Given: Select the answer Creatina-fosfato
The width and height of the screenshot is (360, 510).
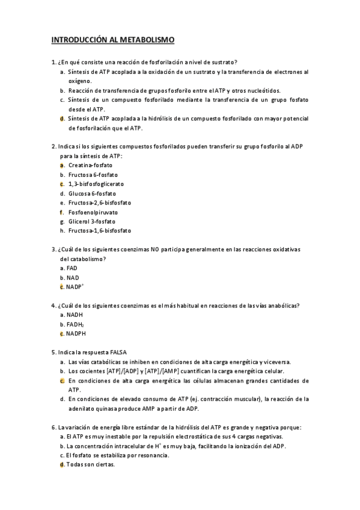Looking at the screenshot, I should click(x=90, y=165).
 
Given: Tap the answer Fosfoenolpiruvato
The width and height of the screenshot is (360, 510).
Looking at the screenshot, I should click(x=93, y=212).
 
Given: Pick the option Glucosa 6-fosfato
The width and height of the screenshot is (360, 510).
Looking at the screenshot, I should click(x=91, y=193).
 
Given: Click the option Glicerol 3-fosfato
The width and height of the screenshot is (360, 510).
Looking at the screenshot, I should click(x=92, y=221).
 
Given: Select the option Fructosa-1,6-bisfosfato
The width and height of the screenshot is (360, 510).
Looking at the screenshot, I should click(x=100, y=230).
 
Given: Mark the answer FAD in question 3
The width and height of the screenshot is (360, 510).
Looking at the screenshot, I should click(x=72, y=268).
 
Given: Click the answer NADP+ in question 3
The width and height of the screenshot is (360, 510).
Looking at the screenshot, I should click(x=75, y=287).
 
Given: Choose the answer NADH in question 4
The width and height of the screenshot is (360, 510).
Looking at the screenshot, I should click(x=75, y=315).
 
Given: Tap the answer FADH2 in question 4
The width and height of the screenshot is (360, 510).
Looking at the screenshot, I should click(x=76, y=324).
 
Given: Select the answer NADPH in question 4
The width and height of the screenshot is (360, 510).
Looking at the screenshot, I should click(x=77, y=333).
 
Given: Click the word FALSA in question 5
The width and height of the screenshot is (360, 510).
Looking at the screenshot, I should click(x=118, y=352).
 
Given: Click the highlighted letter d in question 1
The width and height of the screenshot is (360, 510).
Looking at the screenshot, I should click(x=62, y=118).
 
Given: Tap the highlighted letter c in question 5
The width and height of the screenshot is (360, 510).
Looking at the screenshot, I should click(x=62, y=380).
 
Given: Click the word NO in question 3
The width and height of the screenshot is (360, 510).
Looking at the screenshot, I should click(x=155, y=249).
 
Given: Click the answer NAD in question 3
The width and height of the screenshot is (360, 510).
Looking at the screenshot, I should click(x=73, y=277).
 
